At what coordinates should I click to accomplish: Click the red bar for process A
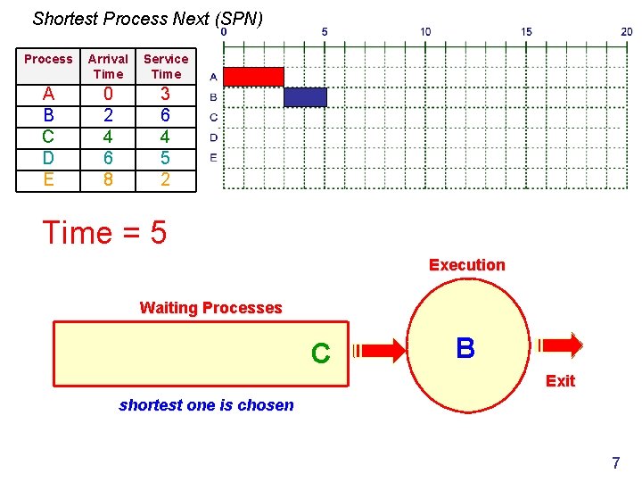[x=253, y=77]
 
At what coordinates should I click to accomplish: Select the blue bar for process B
[x=305, y=97]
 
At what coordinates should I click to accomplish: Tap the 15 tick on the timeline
[x=527, y=31]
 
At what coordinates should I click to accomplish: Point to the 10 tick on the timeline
[x=425, y=31]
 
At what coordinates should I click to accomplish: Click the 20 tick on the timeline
[x=627, y=31]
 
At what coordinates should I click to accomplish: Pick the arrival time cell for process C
[x=108, y=137]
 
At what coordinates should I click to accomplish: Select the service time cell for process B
[x=166, y=115]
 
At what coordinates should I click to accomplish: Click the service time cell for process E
[x=166, y=179]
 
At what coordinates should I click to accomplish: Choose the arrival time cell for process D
[x=108, y=158]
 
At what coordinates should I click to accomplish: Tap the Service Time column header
[x=166, y=66]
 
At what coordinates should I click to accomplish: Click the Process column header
[x=48, y=59]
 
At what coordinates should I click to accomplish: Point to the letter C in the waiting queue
[x=321, y=354]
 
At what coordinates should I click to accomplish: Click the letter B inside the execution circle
[x=465, y=348]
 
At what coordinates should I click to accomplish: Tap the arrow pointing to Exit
[x=560, y=345]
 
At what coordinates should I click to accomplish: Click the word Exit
[x=560, y=381]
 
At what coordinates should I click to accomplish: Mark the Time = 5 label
[x=104, y=233]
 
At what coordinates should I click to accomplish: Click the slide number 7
[x=615, y=463]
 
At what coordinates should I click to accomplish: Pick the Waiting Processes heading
[x=210, y=308]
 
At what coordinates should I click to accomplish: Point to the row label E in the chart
[x=213, y=158]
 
